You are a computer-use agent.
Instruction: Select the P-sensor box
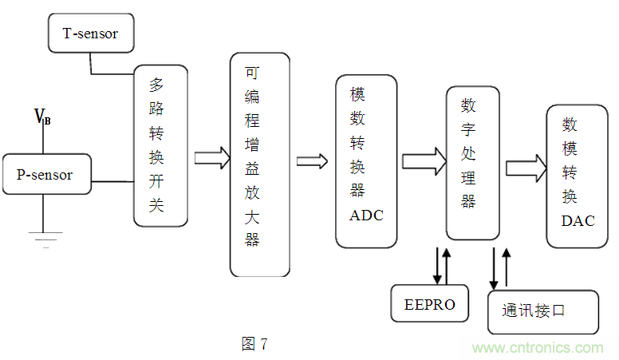45,175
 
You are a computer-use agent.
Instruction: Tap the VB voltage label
42,117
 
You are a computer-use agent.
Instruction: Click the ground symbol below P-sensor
45,236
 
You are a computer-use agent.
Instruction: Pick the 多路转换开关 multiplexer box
160,145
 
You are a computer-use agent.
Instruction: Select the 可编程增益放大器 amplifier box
259,164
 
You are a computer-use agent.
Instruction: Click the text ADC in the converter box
366,215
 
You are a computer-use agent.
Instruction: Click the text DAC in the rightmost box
578,221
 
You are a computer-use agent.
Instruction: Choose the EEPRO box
430,303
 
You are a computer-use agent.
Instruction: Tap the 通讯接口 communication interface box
542,311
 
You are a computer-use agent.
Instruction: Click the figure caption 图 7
254,344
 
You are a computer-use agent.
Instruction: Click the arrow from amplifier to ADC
312,160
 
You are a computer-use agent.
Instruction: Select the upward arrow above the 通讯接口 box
506,267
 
